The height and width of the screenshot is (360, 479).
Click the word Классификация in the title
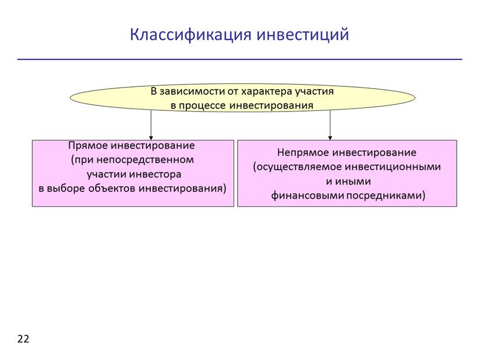pos(191,35)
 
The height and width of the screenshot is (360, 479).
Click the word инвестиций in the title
pos(303,34)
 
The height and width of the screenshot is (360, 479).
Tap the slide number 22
pos(23,339)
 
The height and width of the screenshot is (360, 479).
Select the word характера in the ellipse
pos(267,92)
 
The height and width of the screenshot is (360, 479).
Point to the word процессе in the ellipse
pos(203,106)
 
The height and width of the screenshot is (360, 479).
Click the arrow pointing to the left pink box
pos(151,125)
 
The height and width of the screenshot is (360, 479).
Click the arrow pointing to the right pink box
pos(330,125)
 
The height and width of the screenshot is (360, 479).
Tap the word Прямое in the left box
pos(87,146)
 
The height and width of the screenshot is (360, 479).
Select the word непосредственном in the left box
pos(146,160)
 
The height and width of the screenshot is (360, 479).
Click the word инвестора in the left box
pos(155,174)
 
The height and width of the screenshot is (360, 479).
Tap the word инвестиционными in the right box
pos(393,167)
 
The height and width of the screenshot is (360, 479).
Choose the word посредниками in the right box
pos(386,196)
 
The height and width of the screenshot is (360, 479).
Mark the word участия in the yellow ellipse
pos(315,92)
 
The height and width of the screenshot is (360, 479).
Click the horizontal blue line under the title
pos(239,59)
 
